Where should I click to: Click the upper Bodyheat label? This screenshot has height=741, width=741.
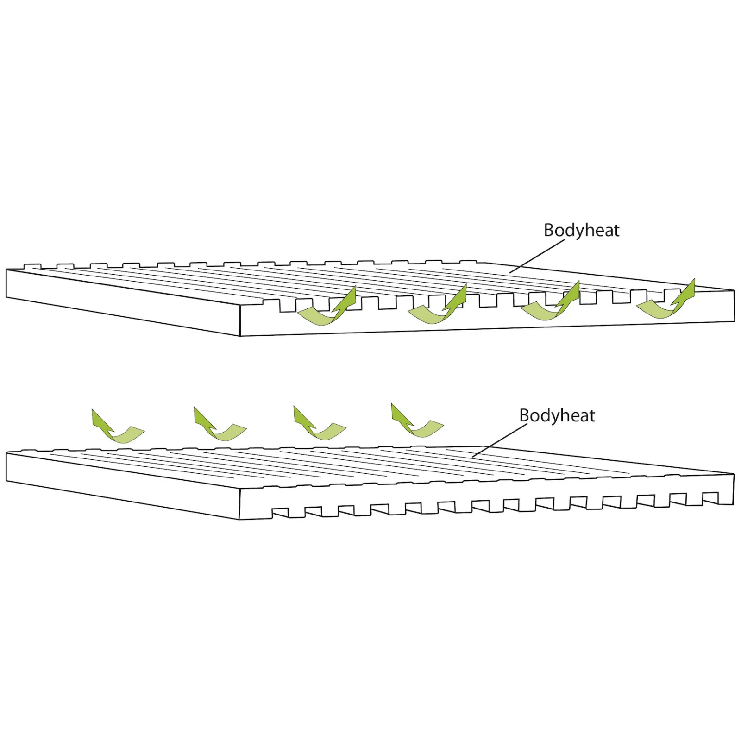coord(581,230)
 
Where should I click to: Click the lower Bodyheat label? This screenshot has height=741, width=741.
coord(557,415)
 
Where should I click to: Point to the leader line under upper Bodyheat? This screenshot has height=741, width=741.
coord(537,256)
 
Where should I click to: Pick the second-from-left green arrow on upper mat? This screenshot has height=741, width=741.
coord(438,307)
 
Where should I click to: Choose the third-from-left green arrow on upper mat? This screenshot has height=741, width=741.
coord(551,303)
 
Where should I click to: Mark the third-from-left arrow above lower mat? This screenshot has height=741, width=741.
coord(319,423)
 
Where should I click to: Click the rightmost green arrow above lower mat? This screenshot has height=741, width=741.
coord(416,421)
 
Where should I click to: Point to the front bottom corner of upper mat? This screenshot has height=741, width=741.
coord(240,335)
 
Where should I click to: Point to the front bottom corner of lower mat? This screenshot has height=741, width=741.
coord(239,519)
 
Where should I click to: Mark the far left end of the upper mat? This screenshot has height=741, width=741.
coord(6,283)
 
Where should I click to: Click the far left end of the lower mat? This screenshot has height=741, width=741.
coord(6,467)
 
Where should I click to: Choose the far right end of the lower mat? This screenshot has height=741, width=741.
coord(734,489)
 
